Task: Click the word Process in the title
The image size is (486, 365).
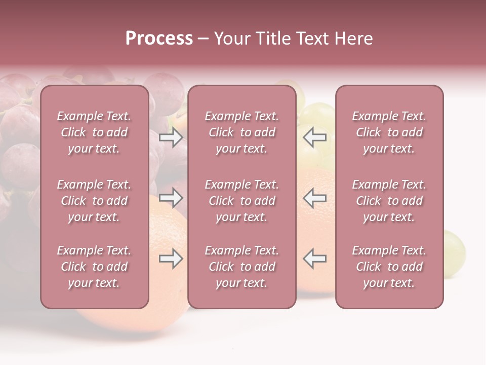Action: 159,39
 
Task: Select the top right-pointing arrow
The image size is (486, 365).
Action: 171,137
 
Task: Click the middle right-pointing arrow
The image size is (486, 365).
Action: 171,198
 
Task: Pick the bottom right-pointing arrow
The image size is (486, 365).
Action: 171,259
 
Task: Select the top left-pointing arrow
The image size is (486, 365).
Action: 314,137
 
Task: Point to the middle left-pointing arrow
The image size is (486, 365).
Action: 314,198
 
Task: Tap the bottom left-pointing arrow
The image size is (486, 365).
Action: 314,259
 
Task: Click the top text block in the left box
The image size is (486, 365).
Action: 94,132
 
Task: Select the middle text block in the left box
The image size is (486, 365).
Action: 94,201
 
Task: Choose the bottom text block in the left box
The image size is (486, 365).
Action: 94,267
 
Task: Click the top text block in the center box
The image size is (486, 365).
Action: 241,132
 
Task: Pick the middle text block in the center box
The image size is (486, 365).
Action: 241,201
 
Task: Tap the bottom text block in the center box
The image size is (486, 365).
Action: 241,267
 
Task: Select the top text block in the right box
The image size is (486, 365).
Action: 389,132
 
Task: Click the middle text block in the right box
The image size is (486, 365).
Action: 389,201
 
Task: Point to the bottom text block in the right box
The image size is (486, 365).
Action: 389,267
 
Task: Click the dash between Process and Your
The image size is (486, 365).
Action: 204,39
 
